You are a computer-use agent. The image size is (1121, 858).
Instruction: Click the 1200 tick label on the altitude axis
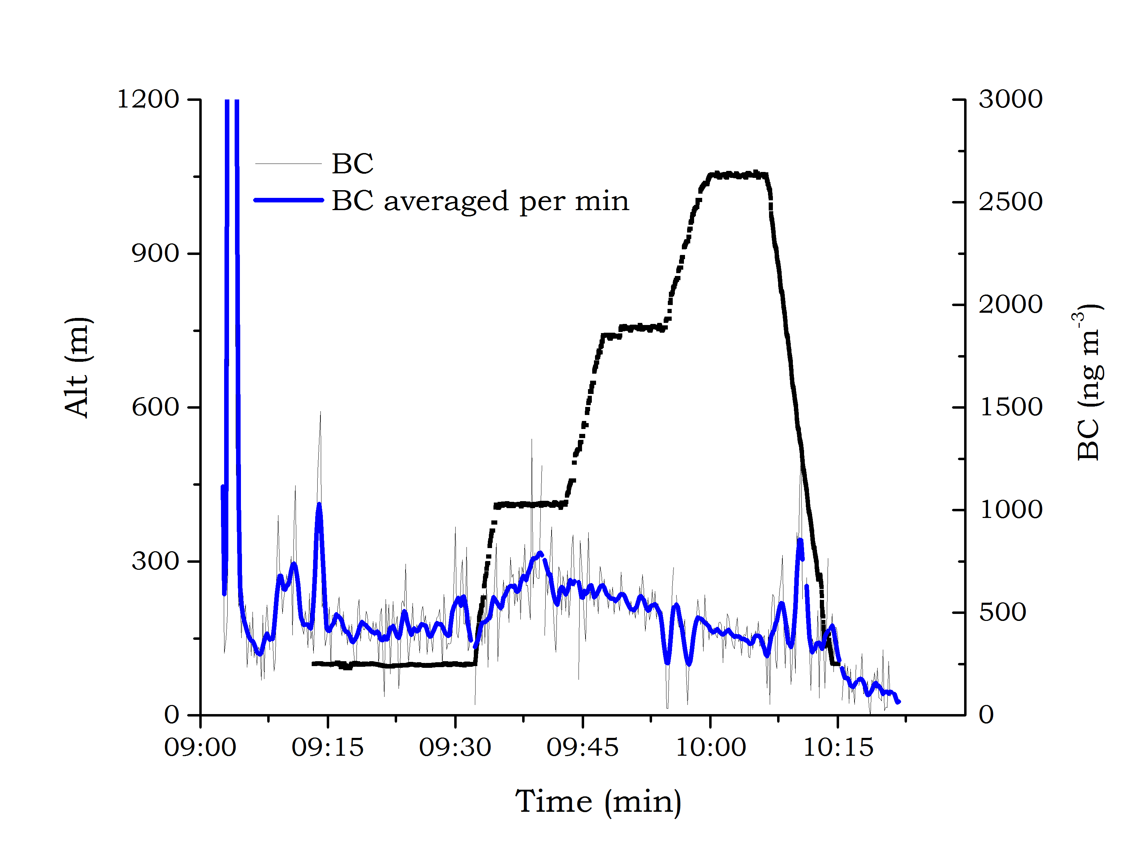click(x=148, y=99)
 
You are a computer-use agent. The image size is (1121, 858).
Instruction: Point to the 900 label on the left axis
click(x=155, y=253)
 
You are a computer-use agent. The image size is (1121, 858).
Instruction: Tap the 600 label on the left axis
click(x=155, y=407)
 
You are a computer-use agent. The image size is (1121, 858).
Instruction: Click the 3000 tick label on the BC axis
click(x=1010, y=99)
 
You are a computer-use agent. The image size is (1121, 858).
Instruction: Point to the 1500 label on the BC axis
click(x=1010, y=407)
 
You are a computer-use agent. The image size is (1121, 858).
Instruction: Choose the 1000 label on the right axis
click(x=1010, y=510)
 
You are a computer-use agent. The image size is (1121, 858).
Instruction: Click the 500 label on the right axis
click(x=1002, y=613)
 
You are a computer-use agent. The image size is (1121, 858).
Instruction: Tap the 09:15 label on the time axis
click(x=327, y=748)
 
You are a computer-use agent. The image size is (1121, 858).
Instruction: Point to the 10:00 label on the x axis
click(x=711, y=748)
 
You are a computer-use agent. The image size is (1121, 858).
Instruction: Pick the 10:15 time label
click(x=838, y=748)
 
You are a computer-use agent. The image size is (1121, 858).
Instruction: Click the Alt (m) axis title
click(x=78, y=367)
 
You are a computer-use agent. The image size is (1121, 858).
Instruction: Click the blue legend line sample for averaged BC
click(x=289, y=200)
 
